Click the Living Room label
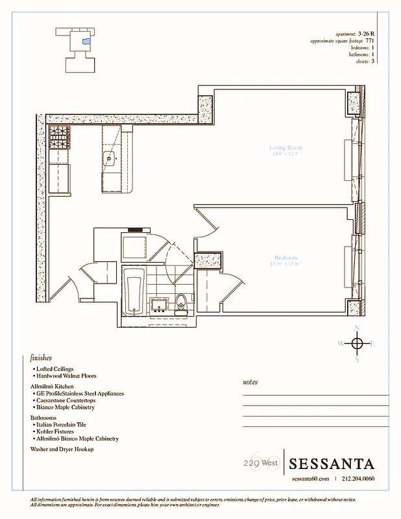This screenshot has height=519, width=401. (x=286, y=148)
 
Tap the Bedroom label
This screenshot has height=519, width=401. (x=286, y=258)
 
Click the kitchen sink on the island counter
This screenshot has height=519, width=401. (x=110, y=158)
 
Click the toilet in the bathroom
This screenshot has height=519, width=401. (x=182, y=302)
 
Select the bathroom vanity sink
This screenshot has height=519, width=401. (x=158, y=304)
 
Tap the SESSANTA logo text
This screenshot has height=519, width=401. (x=332, y=464)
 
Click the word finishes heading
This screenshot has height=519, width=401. (x=41, y=357)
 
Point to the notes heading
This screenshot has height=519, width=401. (x=250, y=382)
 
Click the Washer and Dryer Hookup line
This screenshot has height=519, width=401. (x=62, y=449)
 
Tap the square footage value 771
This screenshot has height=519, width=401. (x=371, y=40)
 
